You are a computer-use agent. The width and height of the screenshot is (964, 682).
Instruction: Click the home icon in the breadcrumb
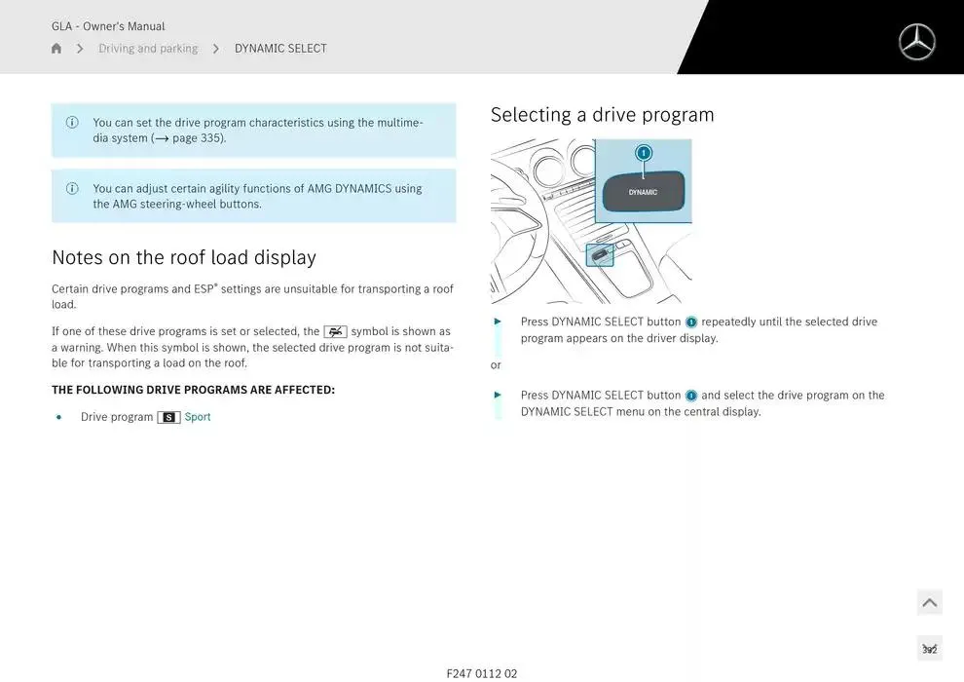click(56, 49)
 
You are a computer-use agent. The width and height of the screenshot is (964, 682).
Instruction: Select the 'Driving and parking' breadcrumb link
click(148, 49)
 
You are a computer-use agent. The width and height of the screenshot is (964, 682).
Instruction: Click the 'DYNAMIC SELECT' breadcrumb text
click(280, 49)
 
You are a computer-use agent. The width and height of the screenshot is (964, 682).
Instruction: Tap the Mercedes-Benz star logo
click(916, 42)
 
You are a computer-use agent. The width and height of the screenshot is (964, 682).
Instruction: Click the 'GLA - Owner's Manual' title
click(108, 26)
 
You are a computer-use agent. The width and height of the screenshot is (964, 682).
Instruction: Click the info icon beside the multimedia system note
click(72, 123)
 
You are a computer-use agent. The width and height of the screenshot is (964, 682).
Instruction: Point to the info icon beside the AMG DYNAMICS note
click(72, 188)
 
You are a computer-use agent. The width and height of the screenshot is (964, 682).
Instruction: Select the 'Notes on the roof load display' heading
click(184, 257)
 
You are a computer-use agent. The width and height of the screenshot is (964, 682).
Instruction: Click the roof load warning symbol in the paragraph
click(336, 332)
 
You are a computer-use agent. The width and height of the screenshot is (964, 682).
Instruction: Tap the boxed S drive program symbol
click(168, 418)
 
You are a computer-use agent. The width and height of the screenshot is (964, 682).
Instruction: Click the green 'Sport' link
click(198, 417)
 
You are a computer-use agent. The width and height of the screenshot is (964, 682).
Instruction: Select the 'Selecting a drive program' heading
click(603, 115)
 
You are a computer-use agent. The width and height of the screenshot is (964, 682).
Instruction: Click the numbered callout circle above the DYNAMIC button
click(643, 153)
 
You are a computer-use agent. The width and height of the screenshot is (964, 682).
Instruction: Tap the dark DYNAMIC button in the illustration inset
click(643, 191)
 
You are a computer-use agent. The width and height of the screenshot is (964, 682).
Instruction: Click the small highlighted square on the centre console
click(600, 255)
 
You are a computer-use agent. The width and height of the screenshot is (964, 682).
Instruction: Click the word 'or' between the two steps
click(496, 365)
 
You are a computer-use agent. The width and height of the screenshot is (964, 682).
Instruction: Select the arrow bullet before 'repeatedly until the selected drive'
click(498, 322)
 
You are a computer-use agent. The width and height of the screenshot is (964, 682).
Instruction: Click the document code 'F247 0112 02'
click(482, 674)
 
